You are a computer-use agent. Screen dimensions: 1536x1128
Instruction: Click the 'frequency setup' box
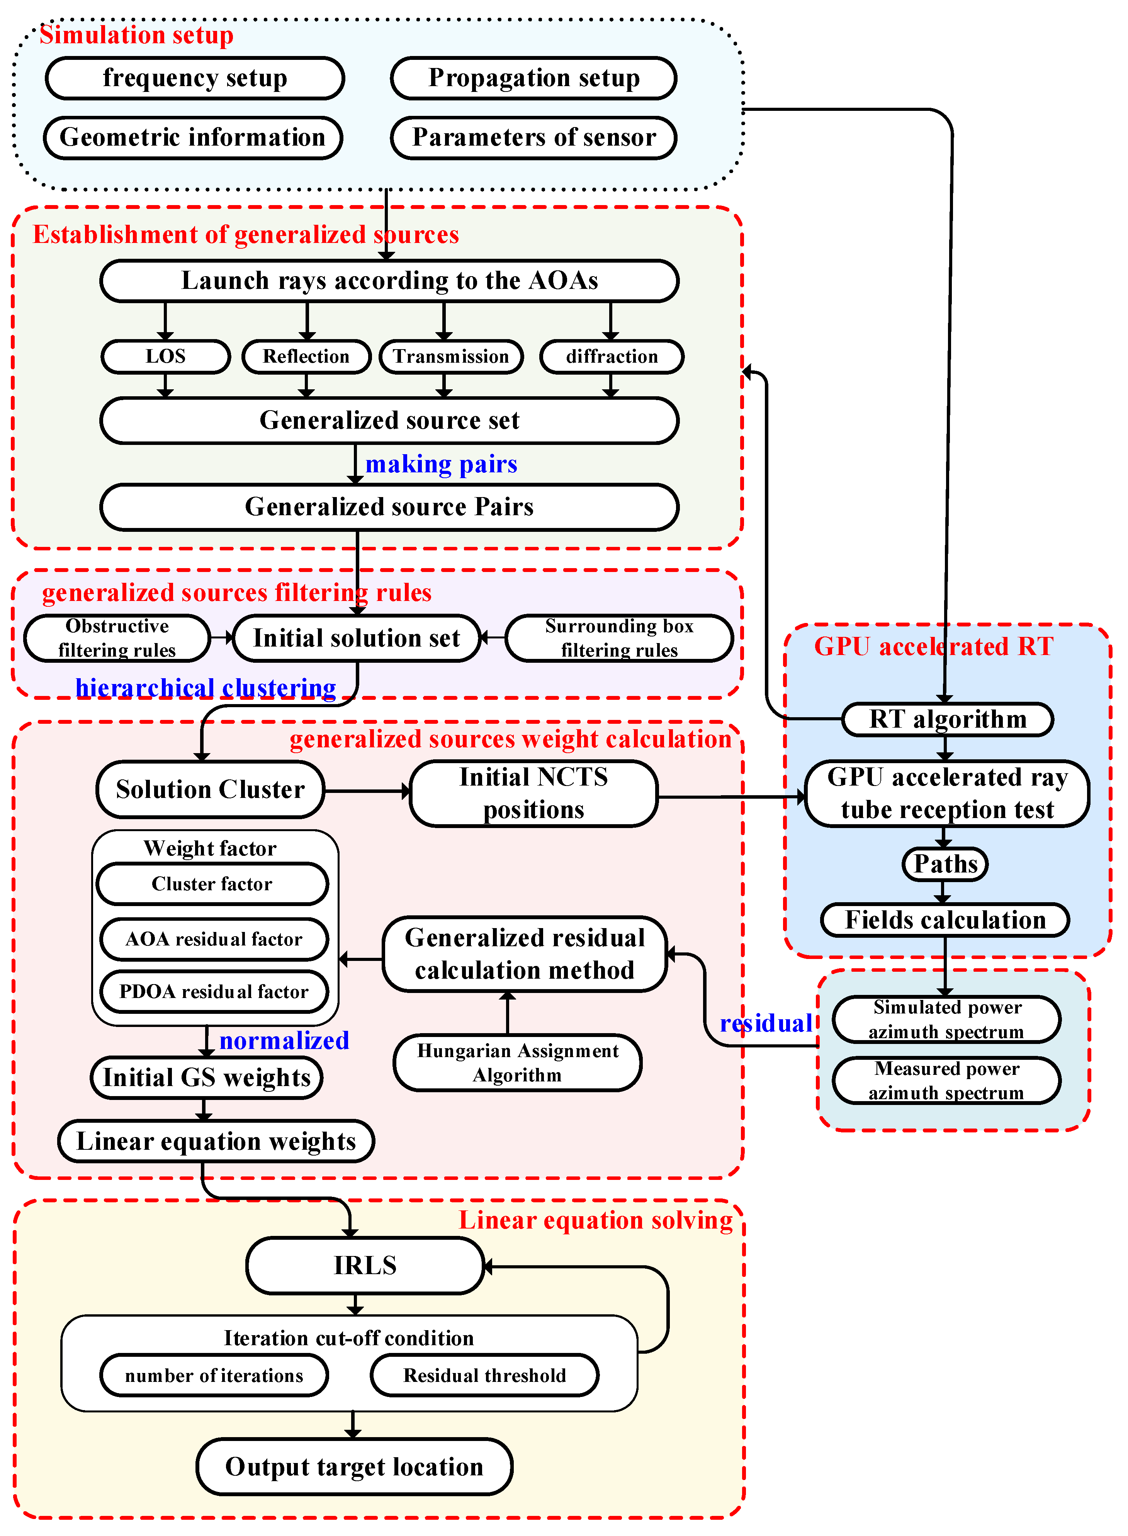point(195,78)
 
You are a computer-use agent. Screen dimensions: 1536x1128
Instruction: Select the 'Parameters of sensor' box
point(533,137)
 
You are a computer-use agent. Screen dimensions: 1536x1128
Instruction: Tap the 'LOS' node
point(165,356)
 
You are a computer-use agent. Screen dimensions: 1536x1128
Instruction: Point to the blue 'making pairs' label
point(441,464)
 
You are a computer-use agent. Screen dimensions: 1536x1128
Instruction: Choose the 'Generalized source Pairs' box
point(389,507)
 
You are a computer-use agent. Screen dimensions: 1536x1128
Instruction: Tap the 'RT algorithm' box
point(947,719)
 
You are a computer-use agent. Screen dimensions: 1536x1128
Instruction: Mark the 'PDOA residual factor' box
point(214,991)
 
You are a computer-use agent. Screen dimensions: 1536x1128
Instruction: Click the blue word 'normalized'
point(284,1040)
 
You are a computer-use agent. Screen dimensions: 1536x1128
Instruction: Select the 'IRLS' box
point(365,1265)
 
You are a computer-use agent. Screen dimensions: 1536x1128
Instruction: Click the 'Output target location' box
point(354,1466)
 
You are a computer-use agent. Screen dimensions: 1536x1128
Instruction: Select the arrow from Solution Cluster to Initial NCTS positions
point(367,791)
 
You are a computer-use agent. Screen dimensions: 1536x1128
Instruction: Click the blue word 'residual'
point(765,1023)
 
